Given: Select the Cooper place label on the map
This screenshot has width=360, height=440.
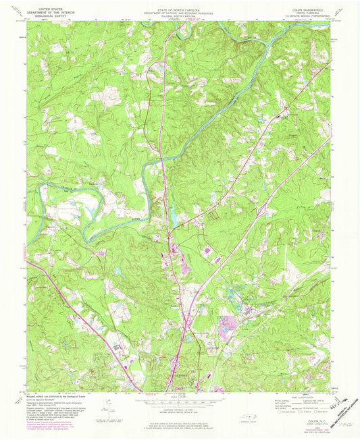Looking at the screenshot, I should click(x=289, y=135).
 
